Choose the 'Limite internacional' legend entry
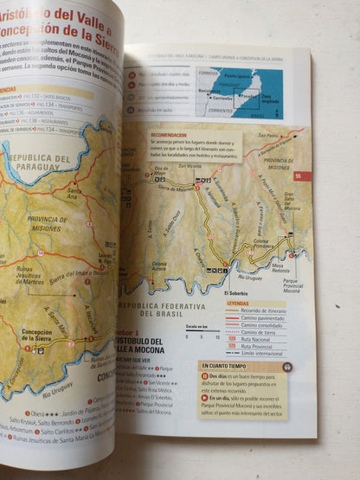260,353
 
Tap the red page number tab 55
298,176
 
